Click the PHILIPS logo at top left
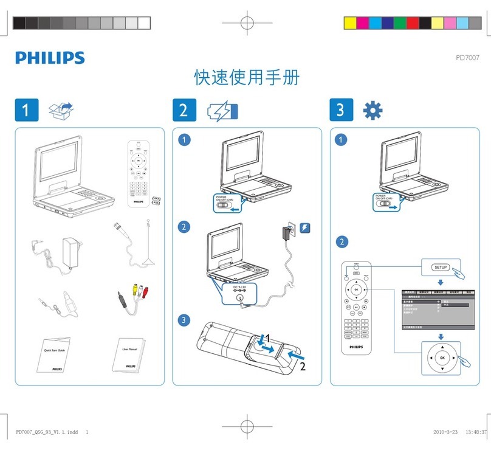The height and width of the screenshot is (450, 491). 50,58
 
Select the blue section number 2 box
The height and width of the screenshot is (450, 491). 184,110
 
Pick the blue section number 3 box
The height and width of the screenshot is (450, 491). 340,110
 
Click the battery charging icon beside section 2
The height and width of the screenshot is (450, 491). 222,111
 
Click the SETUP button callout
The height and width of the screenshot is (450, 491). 441,267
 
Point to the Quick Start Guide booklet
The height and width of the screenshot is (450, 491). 50,355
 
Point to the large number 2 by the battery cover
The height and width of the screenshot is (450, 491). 302,367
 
